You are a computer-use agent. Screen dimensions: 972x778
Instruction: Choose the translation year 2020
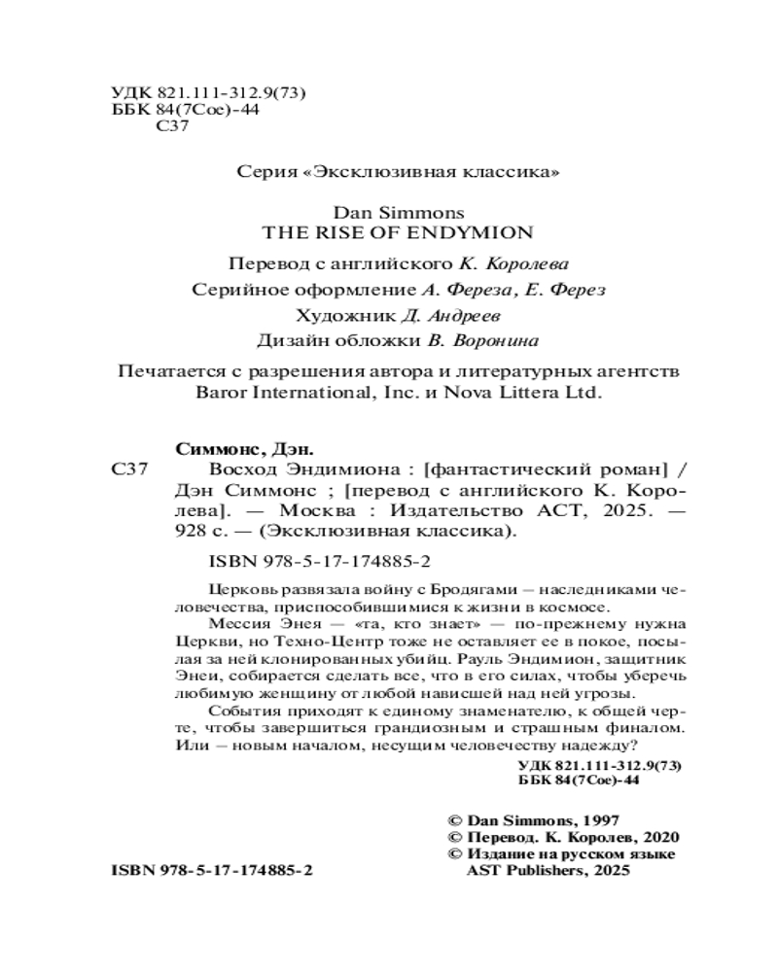point(660,837)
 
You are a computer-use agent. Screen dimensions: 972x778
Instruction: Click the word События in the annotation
point(243,711)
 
